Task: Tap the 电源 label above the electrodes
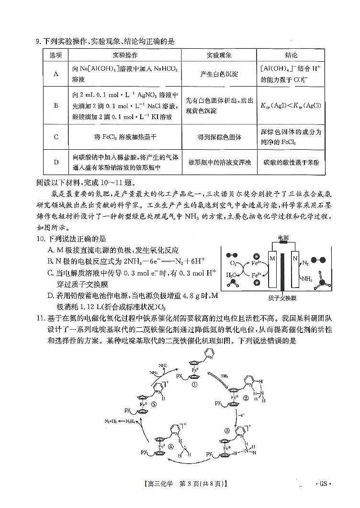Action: pos(283,237)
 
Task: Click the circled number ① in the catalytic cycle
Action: pos(194,370)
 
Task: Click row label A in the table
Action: pos(56,74)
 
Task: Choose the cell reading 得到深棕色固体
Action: pos(219,137)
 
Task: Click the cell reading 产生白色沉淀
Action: pos(219,74)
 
